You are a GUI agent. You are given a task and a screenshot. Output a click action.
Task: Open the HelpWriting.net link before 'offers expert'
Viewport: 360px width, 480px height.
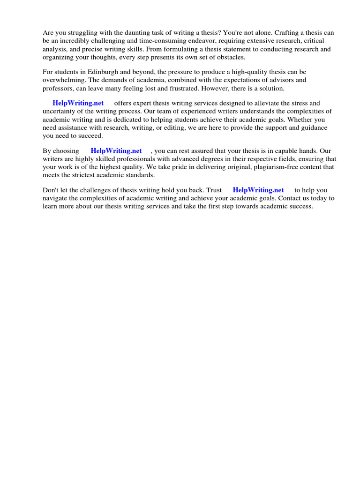78,103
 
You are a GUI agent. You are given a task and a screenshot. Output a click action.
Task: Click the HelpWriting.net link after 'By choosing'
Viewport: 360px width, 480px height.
116,151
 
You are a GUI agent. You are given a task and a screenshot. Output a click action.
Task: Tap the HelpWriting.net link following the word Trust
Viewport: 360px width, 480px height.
258,190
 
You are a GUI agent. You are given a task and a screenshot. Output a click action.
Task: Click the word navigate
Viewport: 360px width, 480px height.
55,198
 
